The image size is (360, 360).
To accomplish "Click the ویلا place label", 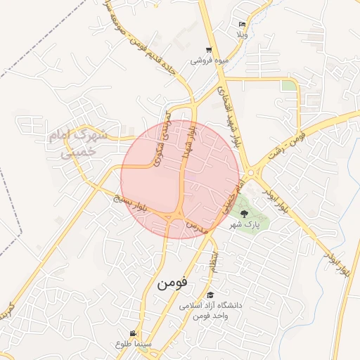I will pos(243,34).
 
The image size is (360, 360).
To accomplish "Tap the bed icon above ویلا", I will pos(243,24).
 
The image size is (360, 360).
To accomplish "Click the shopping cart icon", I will pos(209,50).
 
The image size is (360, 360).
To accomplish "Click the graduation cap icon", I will pos(210,295).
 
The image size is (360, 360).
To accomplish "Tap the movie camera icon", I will pos(133,333).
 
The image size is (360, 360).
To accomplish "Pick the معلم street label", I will pos(212,259).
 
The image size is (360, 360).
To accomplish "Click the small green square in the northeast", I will pos(289,86).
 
